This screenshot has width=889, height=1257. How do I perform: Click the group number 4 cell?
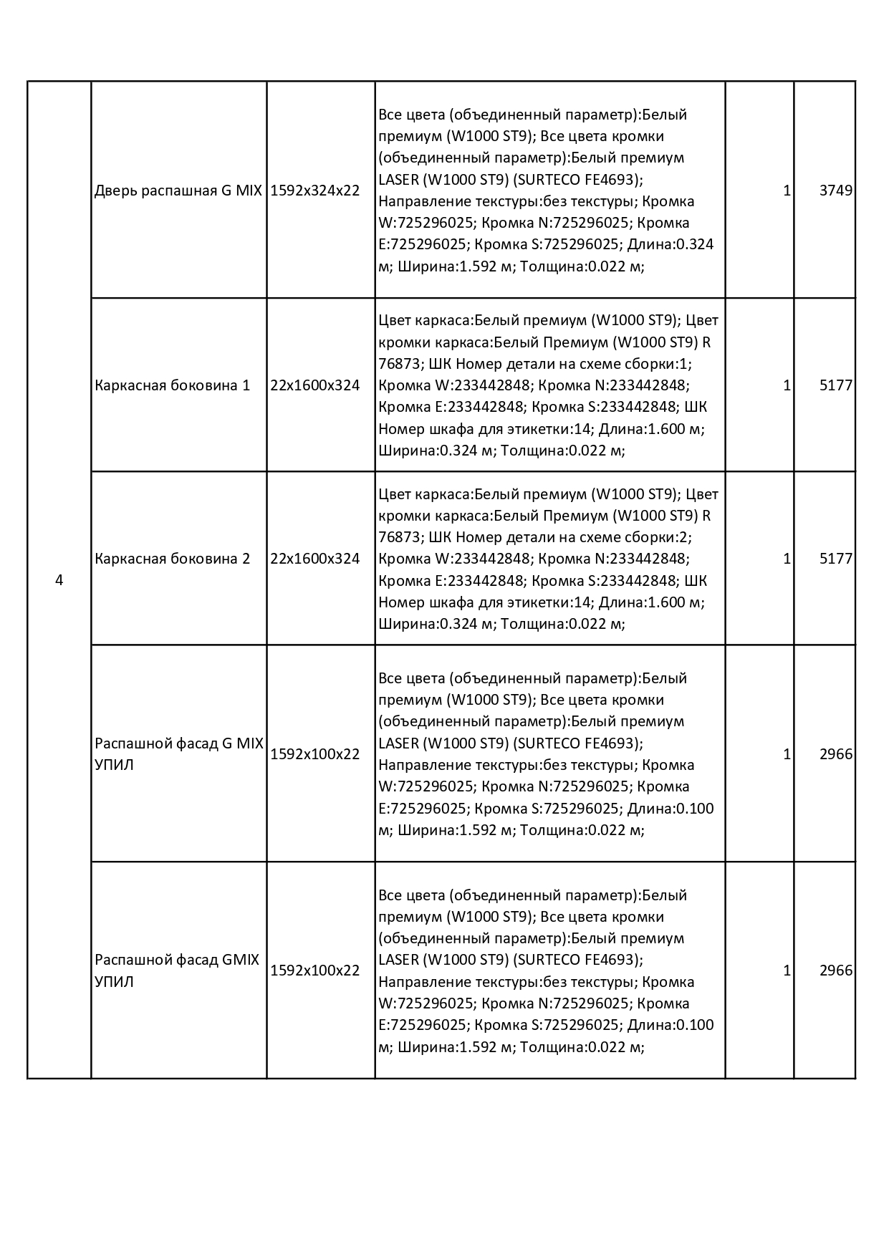coord(59,580)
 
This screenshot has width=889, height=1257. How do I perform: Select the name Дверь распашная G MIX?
coord(178,191)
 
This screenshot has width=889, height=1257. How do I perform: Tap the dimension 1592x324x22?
coord(314,191)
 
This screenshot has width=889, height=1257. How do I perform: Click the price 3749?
coord(836,191)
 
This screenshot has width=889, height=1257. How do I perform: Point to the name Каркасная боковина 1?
coord(173,385)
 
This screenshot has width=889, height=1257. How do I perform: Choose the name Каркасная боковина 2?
coord(173,559)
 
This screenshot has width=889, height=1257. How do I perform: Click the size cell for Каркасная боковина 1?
coord(314,385)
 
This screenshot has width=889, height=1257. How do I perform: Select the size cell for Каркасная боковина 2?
coord(314,559)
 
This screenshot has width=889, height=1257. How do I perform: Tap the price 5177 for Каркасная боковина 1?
coord(836,385)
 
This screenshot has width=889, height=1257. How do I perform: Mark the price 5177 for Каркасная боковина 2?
coord(836,559)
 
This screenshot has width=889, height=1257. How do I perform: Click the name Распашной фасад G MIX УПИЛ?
coord(178,753)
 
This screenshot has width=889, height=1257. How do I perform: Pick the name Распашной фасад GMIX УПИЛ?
coord(177,970)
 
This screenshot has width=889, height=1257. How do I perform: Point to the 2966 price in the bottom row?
coord(836,971)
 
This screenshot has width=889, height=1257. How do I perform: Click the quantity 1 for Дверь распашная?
coord(787,191)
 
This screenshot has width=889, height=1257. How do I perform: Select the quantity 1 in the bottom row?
coord(787,971)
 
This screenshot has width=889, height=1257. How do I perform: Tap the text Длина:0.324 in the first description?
coord(671,244)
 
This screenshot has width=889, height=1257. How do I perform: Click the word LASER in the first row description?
coord(398,179)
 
